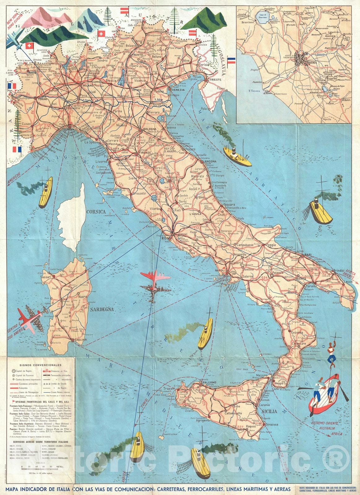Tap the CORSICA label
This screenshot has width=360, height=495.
coord(96,212)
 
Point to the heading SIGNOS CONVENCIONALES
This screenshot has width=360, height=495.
coord(41,365)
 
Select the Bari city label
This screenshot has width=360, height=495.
coord(308,254)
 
